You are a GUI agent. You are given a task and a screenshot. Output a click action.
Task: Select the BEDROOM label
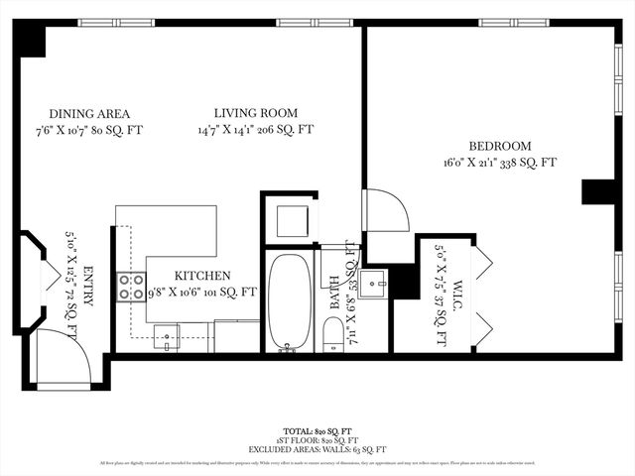pos(500,145)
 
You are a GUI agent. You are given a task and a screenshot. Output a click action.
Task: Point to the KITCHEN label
pos(202,276)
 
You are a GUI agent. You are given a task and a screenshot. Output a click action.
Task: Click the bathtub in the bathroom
pos(289,301)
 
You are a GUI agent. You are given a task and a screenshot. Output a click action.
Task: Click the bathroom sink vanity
pos(373,284)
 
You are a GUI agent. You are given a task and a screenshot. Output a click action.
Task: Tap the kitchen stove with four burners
pos(132,287)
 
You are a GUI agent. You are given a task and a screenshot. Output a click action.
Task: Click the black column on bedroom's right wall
pos(599,191)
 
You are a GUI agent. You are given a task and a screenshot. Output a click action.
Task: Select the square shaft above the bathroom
pos(291,220)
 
